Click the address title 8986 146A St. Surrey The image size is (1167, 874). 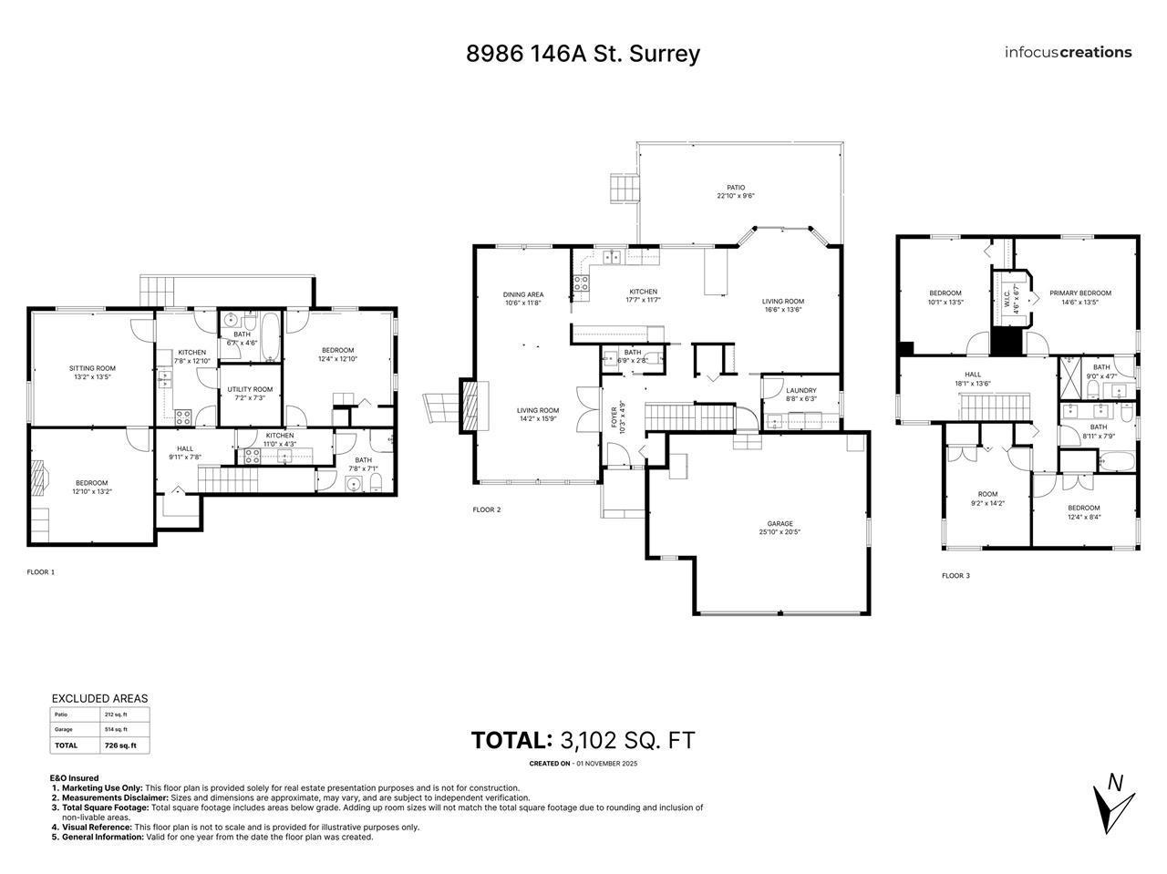(x=583, y=53)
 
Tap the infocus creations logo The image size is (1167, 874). (x=1068, y=52)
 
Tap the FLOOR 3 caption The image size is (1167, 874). (x=955, y=576)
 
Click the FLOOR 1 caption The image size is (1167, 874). (x=41, y=572)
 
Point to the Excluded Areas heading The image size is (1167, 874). (x=98, y=698)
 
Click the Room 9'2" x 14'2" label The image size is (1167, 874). (x=987, y=498)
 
